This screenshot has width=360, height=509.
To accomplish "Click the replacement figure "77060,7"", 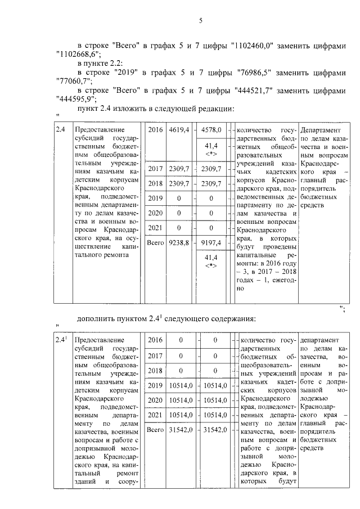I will click(74, 83).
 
